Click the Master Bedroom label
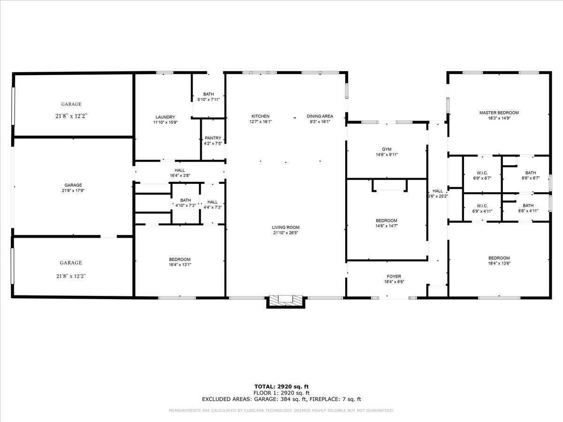(x=499, y=113)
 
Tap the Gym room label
(x=386, y=149)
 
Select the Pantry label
(x=213, y=138)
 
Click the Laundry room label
(x=165, y=117)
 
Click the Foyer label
(x=394, y=276)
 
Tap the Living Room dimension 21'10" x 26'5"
(x=286, y=233)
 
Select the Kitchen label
(x=260, y=116)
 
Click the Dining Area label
(x=320, y=116)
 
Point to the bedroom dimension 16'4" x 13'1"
(x=180, y=265)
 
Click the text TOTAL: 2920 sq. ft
(x=281, y=386)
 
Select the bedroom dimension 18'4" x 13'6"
(x=499, y=263)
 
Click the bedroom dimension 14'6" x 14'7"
(x=386, y=226)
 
